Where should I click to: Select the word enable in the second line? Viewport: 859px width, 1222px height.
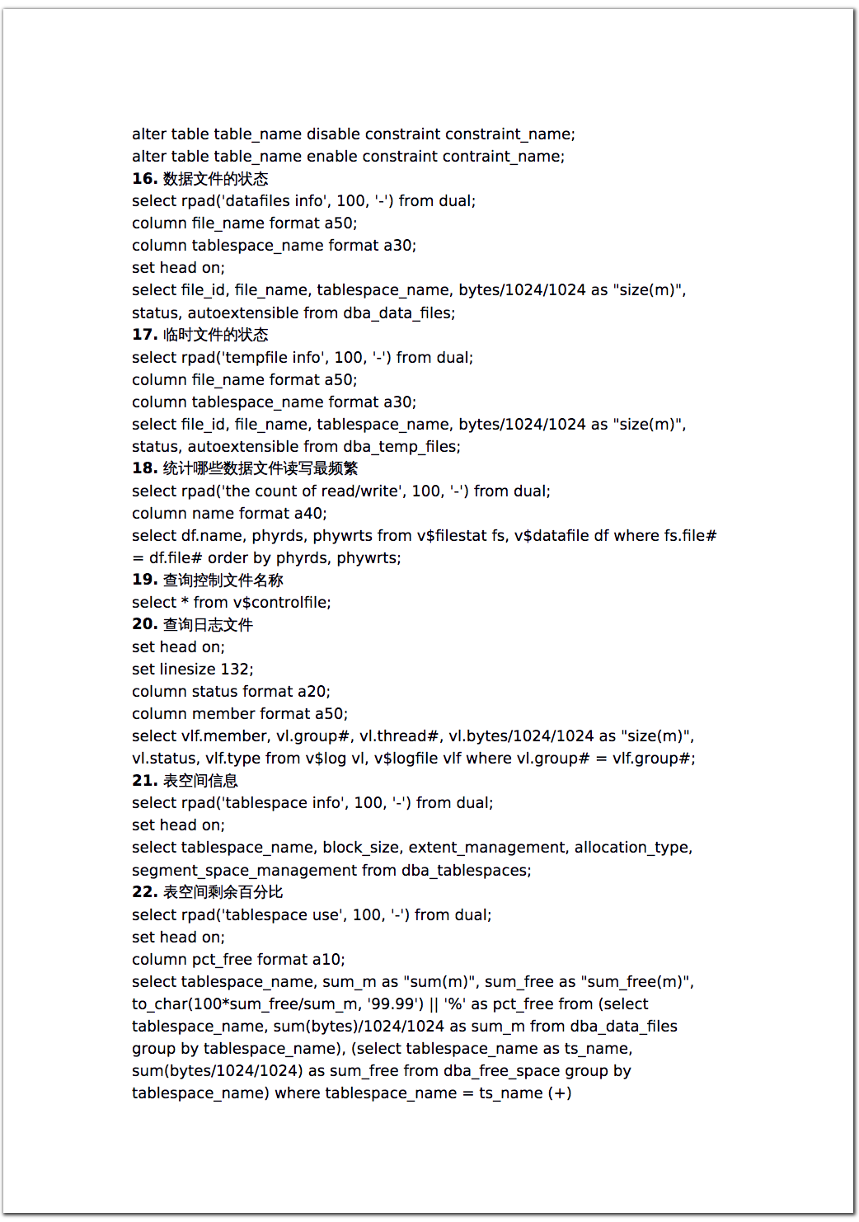click(331, 157)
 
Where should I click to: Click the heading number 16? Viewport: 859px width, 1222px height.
click(144, 179)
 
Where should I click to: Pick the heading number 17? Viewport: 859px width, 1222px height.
click(144, 335)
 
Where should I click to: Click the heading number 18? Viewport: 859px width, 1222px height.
click(144, 468)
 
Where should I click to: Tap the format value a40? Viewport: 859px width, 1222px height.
click(309, 514)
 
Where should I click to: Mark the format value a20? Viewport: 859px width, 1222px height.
click(312, 692)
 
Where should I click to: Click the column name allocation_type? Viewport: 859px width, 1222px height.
click(632, 848)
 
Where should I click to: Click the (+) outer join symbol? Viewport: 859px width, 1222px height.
click(560, 1093)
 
